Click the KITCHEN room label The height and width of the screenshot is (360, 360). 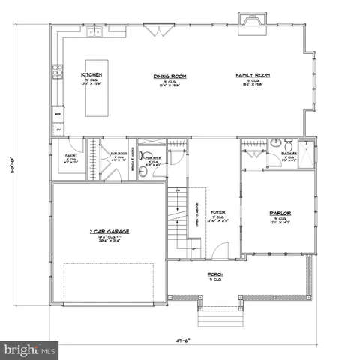point(91,75)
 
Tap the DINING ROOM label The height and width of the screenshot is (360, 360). point(169,76)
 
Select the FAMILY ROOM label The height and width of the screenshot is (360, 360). point(253,76)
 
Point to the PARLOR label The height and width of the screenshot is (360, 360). point(280,212)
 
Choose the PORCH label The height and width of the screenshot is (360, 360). point(216,274)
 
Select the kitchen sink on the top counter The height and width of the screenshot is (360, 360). point(95,31)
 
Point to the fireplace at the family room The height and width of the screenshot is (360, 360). point(248,25)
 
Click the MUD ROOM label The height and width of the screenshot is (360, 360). point(118,156)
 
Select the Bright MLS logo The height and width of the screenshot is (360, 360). point(30,349)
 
